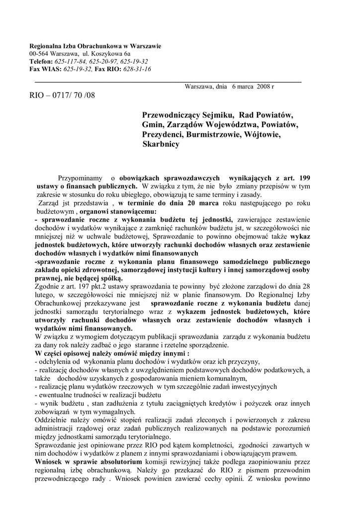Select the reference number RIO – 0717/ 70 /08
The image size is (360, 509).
[x=62, y=94]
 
